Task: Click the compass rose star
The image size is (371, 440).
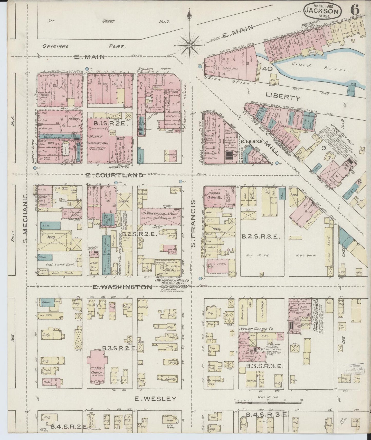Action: coord(189,45)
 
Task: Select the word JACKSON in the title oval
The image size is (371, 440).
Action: coord(323,11)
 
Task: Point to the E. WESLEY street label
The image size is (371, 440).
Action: coord(156,399)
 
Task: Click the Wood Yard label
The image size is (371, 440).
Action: coord(304,256)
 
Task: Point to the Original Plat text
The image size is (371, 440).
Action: coord(84,47)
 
